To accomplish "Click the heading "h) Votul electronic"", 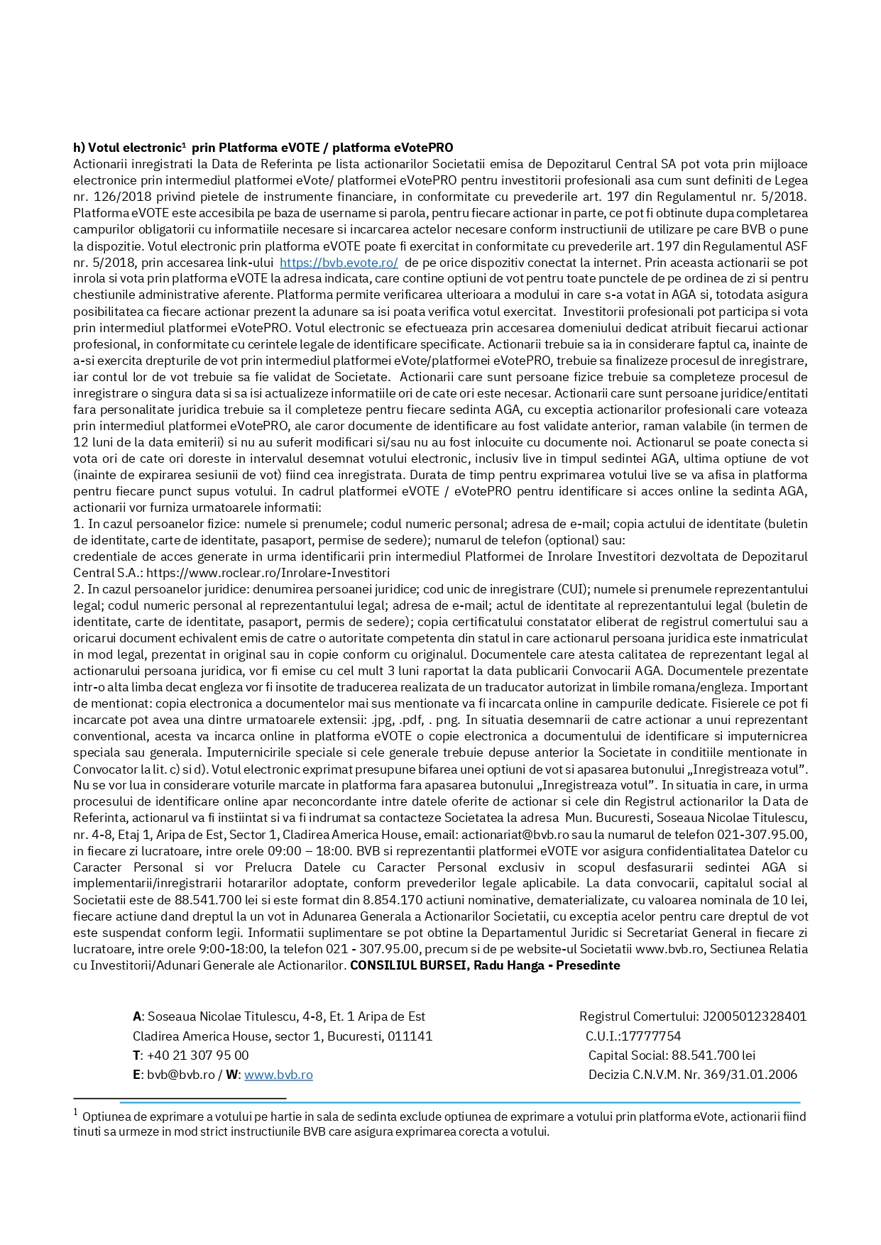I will [128, 148].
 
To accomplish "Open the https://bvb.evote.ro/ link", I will [339, 263].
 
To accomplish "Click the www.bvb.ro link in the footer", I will [278, 1075].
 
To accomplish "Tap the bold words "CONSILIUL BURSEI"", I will [408, 965].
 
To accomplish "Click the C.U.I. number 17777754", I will [651, 1036].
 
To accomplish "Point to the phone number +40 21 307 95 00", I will [198, 1055].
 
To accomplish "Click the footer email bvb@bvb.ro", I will [181, 1075].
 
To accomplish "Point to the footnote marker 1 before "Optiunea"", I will [76, 1113].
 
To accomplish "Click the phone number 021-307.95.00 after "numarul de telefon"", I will [764, 835].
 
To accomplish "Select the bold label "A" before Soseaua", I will [136, 1016].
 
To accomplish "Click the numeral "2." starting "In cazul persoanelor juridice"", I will [78, 589].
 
